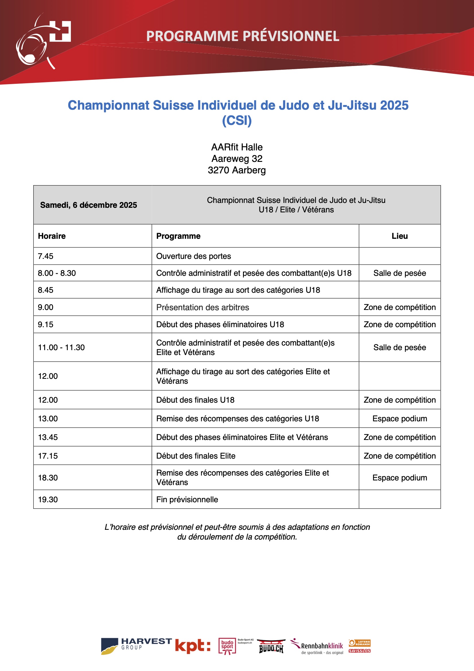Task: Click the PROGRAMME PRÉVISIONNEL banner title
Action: pos(242,36)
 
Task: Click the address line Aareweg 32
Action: pos(237,158)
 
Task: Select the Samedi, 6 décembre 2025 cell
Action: pos(89,205)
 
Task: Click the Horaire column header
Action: pos(52,236)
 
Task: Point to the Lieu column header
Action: pos(399,236)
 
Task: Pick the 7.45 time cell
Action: pos(46,256)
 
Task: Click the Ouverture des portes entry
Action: pos(193,256)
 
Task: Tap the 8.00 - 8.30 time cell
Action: pos(57,273)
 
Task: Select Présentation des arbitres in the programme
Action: pos(203,307)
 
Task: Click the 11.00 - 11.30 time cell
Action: pos(61,347)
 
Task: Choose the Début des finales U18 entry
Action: pos(195,400)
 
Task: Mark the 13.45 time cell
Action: pos(48,437)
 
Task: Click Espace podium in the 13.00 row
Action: pos(399,418)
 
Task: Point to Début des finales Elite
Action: pos(196,456)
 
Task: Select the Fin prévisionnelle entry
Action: pos(187,499)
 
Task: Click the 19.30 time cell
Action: pos(48,499)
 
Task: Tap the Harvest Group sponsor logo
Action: pos(136,645)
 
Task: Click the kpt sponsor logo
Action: pos(193,645)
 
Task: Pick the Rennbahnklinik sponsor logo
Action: pos(317,646)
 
